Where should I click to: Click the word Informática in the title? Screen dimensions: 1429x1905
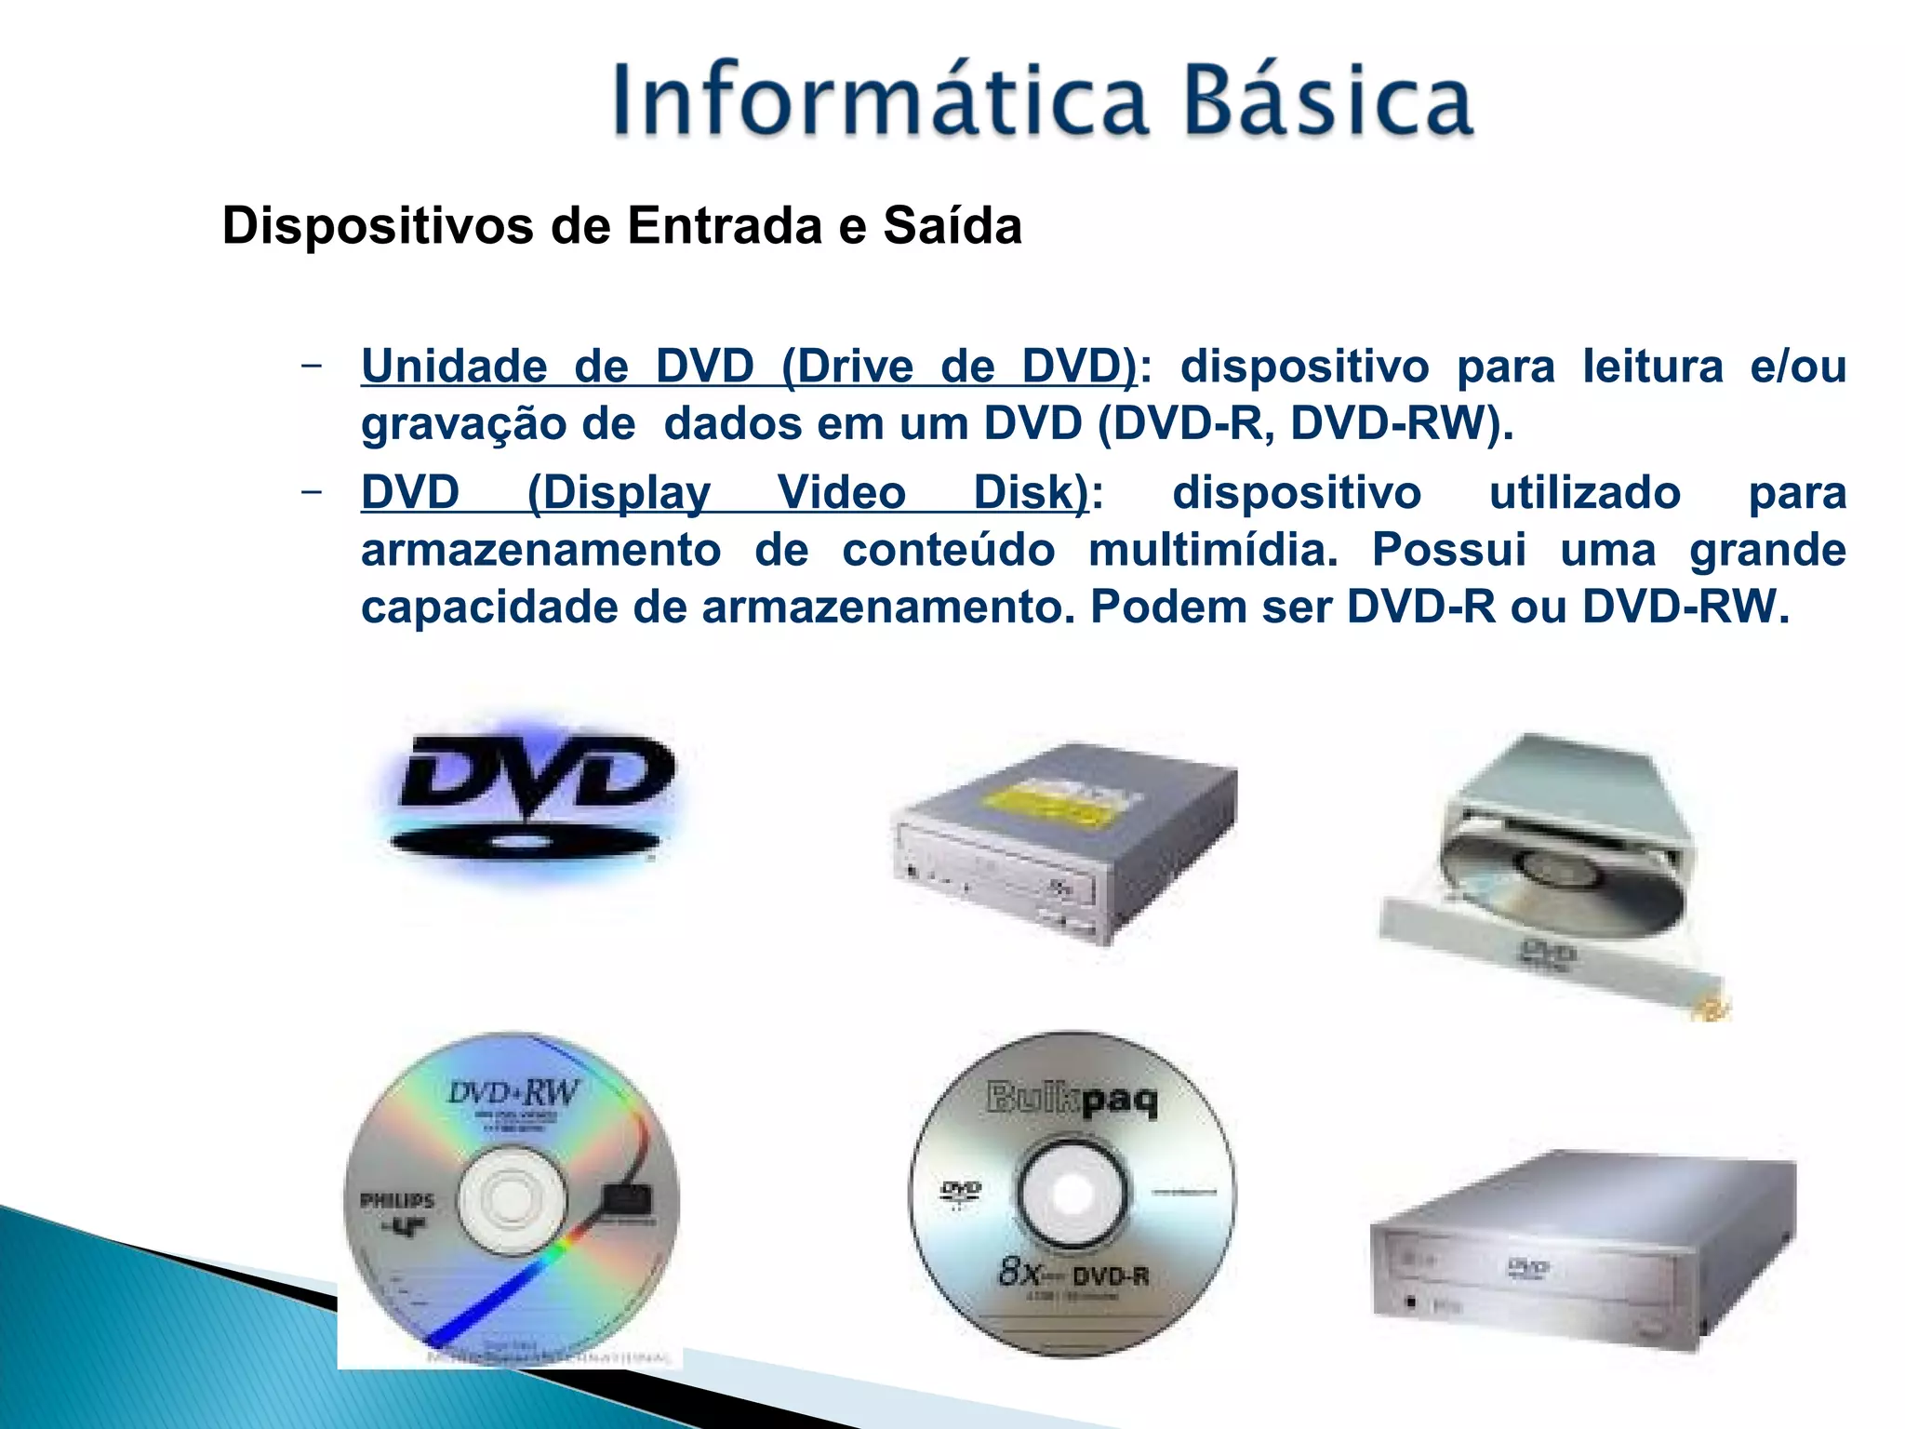pyautogui.click(x=879, y=100)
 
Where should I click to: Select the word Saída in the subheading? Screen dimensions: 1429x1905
pyautogui.click(x=952, y=226)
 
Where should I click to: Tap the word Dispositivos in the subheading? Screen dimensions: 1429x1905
pyautogui.click(x=378, y=226)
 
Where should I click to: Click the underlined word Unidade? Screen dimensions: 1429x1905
pyautogui.click(x=454, y=366)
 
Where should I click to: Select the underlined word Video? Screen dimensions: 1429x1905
pyautogui.click(x=841, y=492)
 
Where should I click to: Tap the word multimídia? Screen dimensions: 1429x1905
pyautogui.click(x=1213, y=550)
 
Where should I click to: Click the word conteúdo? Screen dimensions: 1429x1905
pyautogui.click(x=948, y=550)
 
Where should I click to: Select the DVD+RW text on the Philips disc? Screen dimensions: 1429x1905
pyautogui.click(x=513, y=1091)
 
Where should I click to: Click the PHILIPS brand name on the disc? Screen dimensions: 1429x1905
pyautogui.click(x=397, y=1200)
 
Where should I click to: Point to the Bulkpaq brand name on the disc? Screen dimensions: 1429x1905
pyautogui.click(x=1072, y=1100)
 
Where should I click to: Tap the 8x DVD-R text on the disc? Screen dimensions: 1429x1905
pyautogui.click(x=1072, y=1272)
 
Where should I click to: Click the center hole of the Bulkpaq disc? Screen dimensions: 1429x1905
pyautogui.click(x=1072, y=1192)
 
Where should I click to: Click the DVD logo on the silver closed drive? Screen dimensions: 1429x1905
pyautogui.click(x=1527, y=1267)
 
